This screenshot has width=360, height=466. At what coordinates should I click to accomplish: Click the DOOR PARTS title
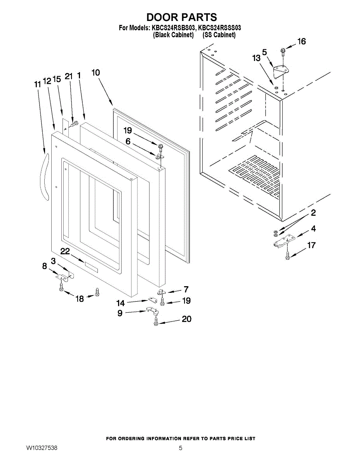181,17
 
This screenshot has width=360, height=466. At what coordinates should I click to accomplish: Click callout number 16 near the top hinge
301,42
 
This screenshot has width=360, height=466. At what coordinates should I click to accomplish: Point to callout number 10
96,73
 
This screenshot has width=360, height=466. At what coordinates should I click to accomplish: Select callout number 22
65,252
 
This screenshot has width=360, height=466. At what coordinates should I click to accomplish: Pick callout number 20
187,319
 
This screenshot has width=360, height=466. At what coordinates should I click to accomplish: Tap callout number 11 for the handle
37,84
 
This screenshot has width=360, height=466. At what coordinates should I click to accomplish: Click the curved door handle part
46,177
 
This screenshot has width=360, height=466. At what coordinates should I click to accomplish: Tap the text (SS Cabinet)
219,35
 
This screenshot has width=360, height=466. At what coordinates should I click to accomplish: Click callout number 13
256,58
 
